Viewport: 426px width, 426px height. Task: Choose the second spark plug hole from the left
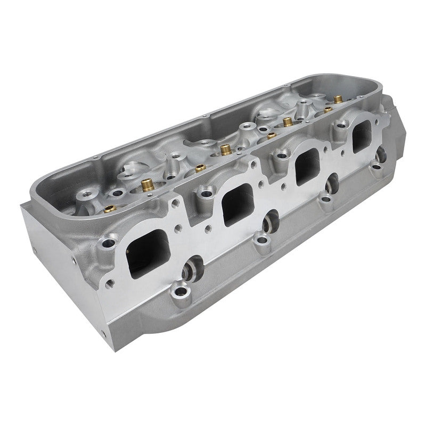pyautogui.click(x=272, y=219)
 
